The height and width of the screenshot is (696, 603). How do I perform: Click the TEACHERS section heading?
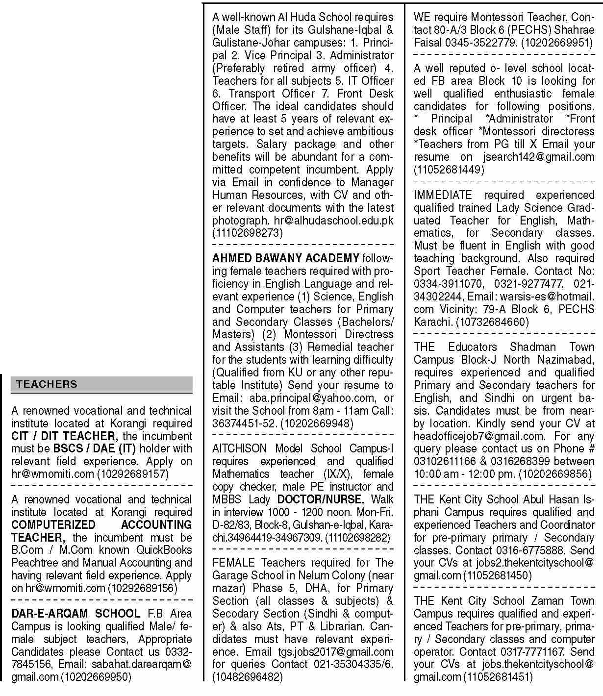click(x=47, y=384)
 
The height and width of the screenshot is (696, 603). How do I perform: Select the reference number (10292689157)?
click(x=132, y=474)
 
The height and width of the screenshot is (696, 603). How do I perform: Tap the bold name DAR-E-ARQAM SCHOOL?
click(x=75, y=614)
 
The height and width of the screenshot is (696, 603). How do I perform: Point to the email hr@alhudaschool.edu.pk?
click(x=333, y=221)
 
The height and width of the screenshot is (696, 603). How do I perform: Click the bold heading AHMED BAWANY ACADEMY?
click(x=286, y=258)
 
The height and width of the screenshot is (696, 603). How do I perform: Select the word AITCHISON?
click(x=240, y=448)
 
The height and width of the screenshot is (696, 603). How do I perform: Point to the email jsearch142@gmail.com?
click(x=538, y=157)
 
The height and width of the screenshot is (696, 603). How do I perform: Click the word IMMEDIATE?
click(x=443, y=195)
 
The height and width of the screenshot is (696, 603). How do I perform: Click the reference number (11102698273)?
click(x=248, y=233)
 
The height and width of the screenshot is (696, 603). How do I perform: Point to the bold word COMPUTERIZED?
click(x=53, y=525)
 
